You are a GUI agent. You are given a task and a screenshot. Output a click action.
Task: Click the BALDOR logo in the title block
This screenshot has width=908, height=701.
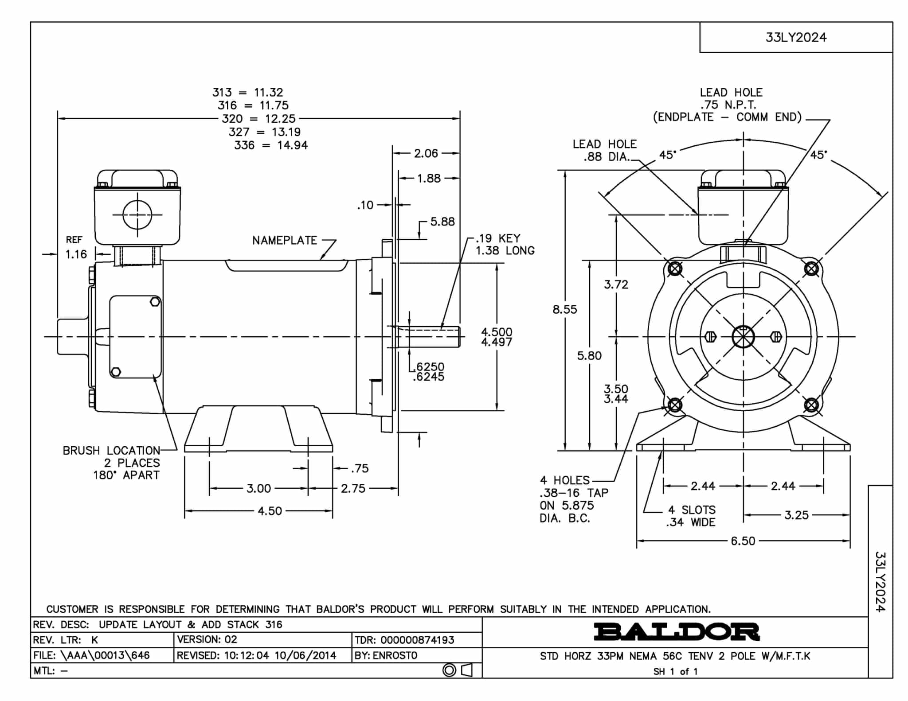pos(677,632)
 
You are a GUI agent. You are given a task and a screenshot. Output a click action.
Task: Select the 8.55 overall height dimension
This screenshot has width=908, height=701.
pos(565,309)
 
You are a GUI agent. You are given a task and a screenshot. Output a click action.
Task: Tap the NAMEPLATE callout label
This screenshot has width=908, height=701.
pos(285,240)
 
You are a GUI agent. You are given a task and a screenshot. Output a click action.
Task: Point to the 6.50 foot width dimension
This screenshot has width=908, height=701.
pos(743,541)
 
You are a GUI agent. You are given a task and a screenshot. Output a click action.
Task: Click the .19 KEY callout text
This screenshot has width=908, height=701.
pos(498,238)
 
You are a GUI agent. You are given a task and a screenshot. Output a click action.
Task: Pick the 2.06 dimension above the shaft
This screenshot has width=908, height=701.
pos(426,153)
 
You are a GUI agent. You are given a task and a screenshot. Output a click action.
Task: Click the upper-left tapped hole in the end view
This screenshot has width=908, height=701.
pos(675,269)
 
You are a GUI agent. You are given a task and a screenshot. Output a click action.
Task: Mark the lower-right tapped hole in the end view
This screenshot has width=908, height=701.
pos(811,405)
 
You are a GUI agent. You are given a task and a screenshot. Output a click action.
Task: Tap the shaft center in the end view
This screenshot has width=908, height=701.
pos(743,337)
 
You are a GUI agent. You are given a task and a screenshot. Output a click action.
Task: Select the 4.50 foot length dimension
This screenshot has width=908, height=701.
pos(270,511)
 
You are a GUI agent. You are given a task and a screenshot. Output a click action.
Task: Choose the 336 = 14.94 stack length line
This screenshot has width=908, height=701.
pos(271,145)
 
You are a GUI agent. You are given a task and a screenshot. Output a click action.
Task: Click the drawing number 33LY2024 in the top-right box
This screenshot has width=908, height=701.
pos(796,37)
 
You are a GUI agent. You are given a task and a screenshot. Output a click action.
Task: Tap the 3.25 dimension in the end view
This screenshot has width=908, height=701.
pos(796,515)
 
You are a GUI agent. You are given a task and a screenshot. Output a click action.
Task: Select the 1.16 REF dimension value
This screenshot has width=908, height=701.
pos(76,254)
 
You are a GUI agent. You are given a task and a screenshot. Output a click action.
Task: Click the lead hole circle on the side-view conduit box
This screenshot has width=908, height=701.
pos(137,214)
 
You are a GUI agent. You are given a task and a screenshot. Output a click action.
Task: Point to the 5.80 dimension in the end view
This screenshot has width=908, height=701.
pos(589,355)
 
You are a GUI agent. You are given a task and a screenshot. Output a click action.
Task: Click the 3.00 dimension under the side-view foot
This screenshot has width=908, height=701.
pos(258,488)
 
